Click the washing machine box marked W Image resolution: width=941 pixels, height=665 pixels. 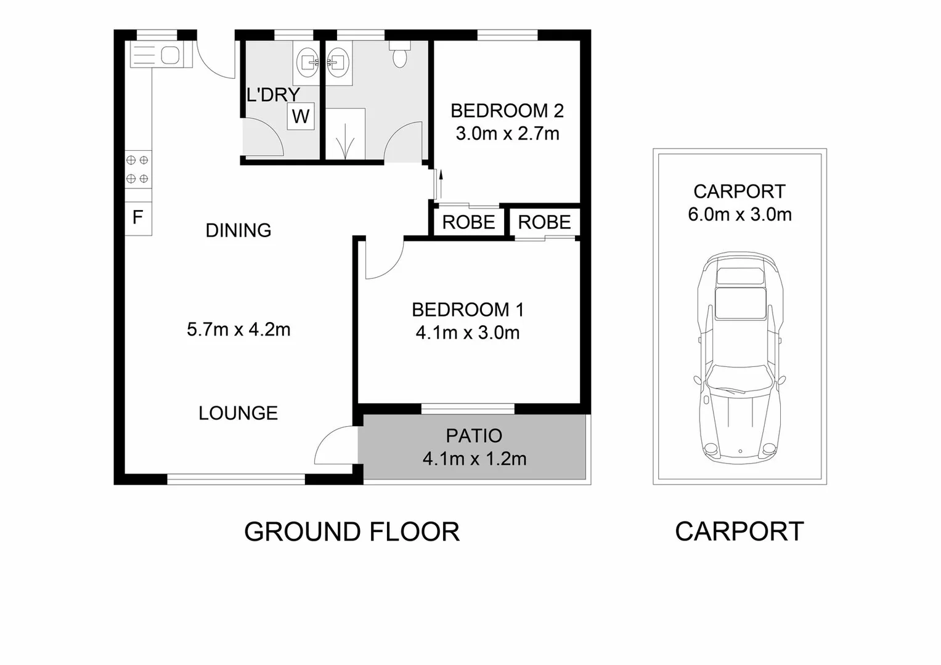coord(301,116)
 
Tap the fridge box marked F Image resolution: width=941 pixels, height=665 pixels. coord(138,217)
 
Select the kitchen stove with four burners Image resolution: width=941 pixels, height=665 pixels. coord(138,169)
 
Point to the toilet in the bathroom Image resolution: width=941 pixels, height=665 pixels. coord(400,54)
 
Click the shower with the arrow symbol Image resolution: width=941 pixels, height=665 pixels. coord(345,134)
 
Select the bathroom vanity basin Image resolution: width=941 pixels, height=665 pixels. coord(338,62)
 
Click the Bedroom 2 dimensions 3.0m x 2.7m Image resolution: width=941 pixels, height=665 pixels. coord(507,134)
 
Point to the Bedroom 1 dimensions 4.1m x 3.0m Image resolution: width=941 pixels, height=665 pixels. coord(467,333)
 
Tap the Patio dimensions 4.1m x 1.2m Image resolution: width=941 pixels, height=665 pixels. coord(474,459)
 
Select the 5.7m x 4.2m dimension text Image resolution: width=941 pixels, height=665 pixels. coord(238,329)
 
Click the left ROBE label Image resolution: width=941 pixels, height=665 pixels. coord(468,222)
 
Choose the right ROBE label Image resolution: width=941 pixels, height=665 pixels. coord(544,222)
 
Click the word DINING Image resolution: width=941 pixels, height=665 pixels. coord(238,230)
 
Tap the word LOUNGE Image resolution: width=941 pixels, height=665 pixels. coord(238,413)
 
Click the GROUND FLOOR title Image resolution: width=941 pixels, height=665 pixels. coord(351,531)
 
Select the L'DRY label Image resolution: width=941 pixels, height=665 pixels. coord(273,95)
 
